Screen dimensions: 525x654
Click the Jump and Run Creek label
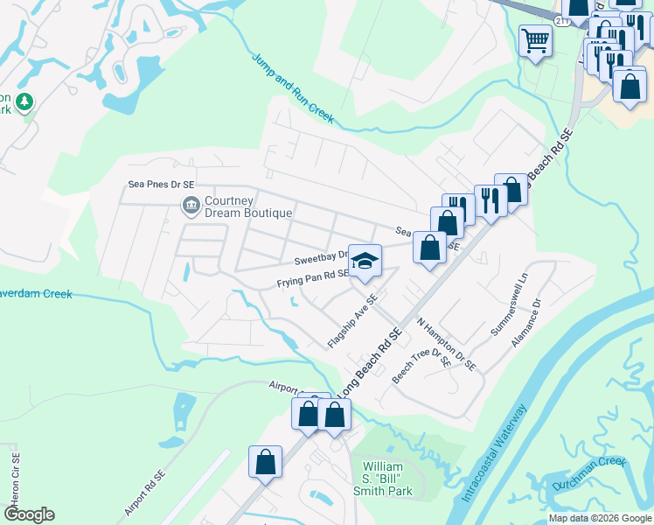coord(294,88)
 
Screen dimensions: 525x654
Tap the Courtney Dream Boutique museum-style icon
coord(190,206)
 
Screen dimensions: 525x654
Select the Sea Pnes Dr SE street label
coord(161,185)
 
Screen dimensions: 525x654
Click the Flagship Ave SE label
coord(352,321)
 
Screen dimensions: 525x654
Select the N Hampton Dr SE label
coord(446,344)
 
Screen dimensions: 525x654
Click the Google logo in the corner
coord(29,514)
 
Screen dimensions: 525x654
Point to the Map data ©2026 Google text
coord(599,518)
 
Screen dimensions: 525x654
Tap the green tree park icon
coord(24,102)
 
